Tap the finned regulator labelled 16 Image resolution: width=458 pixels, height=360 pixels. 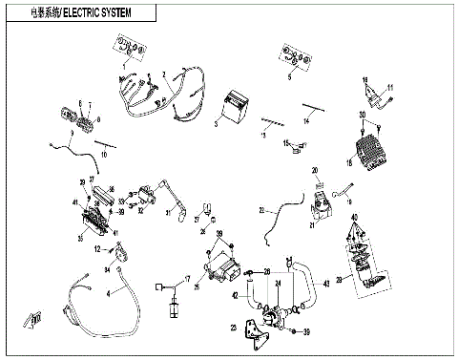[x=368, y=152]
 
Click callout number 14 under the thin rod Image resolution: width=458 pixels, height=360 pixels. [x=307, y=122]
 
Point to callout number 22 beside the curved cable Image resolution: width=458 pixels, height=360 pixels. [x=260, y=209]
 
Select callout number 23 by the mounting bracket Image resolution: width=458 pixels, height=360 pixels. [x=234, y=328]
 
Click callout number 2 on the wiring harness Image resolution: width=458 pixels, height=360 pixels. [x=164, y=74]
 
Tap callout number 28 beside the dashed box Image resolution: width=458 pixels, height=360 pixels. [x=337, y=279]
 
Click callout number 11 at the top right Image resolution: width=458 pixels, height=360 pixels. [x=388, y=88]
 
